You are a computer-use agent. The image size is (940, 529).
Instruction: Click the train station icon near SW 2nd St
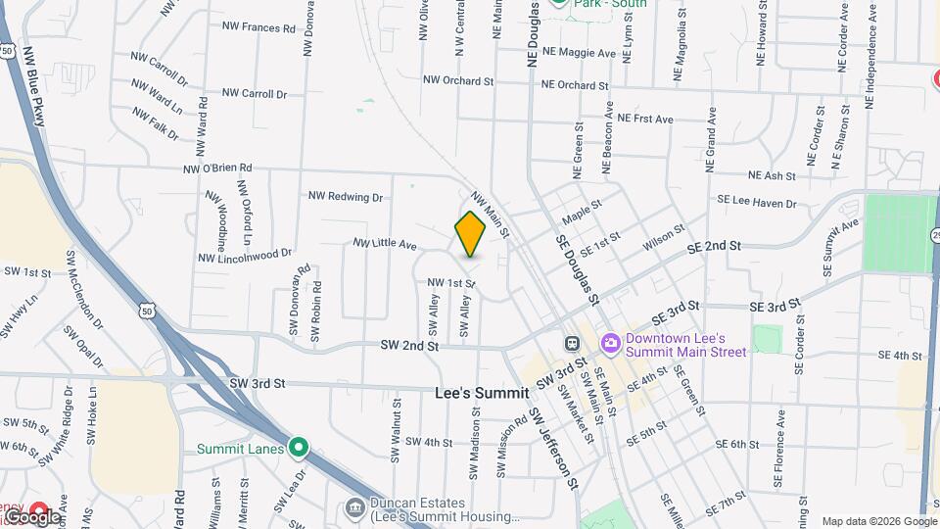[572, 344]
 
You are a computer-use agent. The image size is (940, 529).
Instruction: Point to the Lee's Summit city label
[481, 393]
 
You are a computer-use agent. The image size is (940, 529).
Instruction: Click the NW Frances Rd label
[258, 28]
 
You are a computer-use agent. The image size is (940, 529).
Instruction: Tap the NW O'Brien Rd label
[217, 168]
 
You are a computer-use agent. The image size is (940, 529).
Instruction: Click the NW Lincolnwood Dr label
[245, 256]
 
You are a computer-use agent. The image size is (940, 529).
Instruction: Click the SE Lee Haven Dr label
[757, 202]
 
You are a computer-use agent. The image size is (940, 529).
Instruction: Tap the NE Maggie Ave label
[579, 52]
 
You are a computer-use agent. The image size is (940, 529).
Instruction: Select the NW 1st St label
[450, 283]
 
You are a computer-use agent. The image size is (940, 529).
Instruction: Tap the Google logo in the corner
[31, 516]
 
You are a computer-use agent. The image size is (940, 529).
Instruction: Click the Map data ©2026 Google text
[878, 521]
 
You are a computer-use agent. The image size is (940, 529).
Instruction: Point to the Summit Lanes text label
[240, 450]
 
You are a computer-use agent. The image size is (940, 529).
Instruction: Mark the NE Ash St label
[772, 176]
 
